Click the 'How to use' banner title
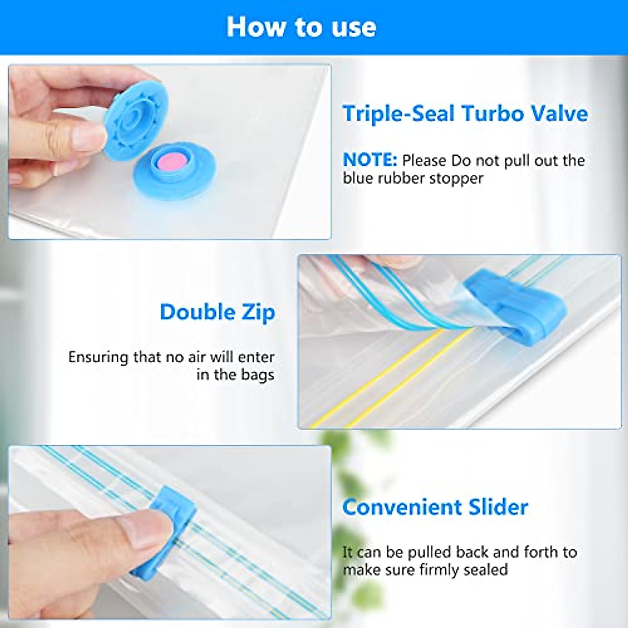(x=301, y=27)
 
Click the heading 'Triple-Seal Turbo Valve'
(x=465, y=114)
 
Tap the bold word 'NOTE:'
(x=370, y=160)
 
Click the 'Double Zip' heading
(x=217, y=312)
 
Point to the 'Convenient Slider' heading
(x=435, y=507)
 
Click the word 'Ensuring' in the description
(x=98, y=357)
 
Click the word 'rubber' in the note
(x=399, y=178)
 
